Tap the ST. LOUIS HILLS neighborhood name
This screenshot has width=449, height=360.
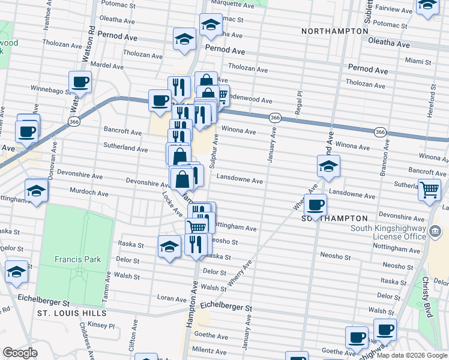pyautogui.click(x=71, y=313)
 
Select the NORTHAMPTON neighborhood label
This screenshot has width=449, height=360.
pyautogui.click(x=335, y=31)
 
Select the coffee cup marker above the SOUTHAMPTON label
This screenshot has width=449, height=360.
pyautogui.click(x=315, y=205)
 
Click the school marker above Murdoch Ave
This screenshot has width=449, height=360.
pyautogui.click(x=37, y=191)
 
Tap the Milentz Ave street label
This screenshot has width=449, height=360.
pyautogui.click(x=212, y=352)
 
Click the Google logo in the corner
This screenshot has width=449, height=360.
pyautogui.click(x=20, y=353)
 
